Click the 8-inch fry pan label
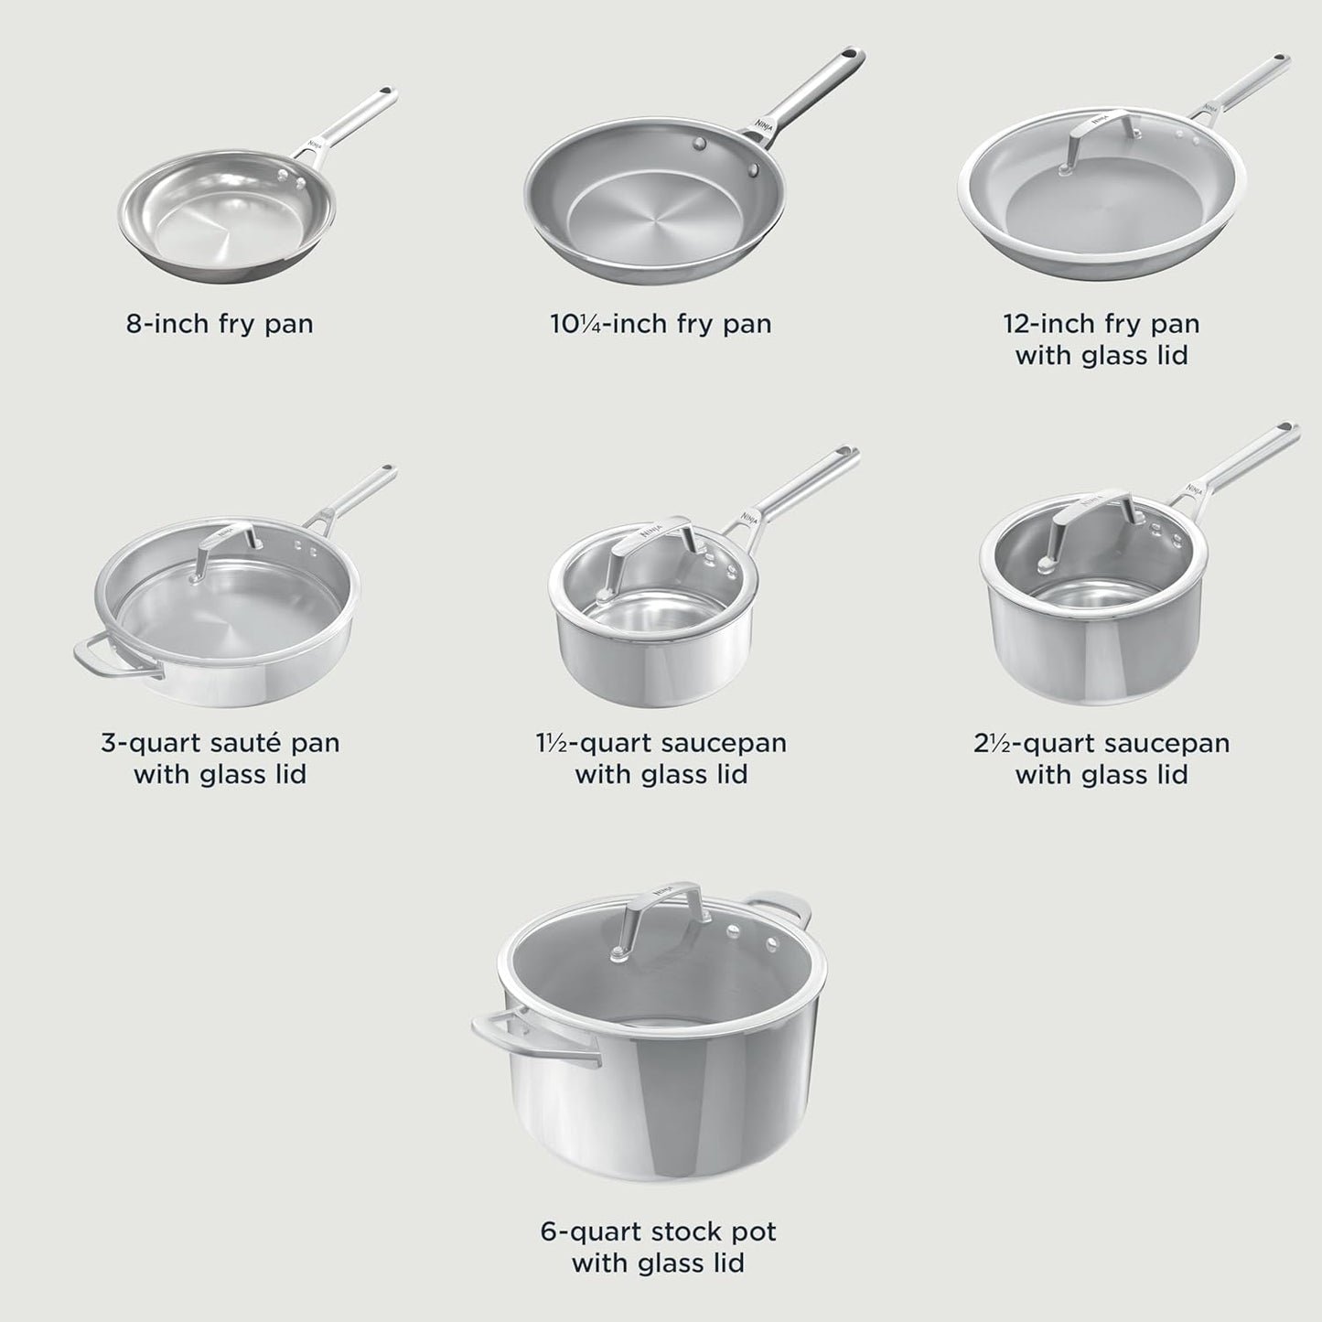tap(220, 324)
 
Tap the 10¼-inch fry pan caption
tap(661, 324)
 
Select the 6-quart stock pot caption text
tap(659, 1247)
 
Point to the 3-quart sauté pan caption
tap(220, 758)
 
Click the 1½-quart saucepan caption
tap(661, 758)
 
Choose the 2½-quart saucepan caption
tap(1102, 758)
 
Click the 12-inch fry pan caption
tap(1102, 339)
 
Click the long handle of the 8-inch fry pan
tap(352, 123)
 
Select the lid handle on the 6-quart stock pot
tap(663, 901)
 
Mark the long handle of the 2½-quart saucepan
tap(1249, 457)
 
